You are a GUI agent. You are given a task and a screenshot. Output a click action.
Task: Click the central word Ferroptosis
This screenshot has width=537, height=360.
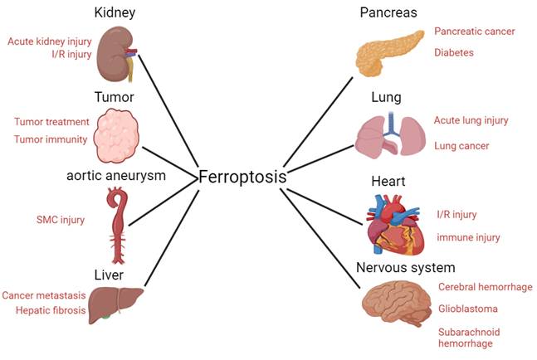coord(242,177)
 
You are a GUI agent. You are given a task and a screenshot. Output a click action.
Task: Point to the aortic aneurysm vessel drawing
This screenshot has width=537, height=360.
coord(116,222)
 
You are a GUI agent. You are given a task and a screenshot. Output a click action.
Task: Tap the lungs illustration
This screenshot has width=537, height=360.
coord(390,134)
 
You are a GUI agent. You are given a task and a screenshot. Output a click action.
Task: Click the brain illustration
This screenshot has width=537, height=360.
coord(396,304)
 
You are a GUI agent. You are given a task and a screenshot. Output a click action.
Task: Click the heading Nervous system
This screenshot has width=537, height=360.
coord(405,267)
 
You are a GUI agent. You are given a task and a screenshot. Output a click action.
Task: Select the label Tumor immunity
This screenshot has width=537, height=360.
coord(51,139)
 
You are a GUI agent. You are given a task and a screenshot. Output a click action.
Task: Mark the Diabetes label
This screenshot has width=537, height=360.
coord(453,52)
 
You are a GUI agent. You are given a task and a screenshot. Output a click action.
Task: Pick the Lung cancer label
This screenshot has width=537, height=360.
coord(461,146)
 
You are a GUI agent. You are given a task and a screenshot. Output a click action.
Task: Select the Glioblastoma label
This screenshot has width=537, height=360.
coord(468,309)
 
